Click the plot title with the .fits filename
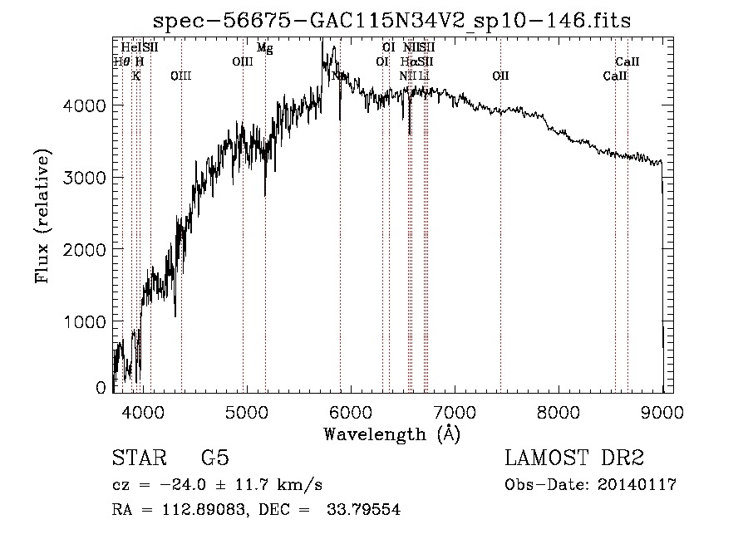[392, 21]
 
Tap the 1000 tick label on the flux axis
[84, 321]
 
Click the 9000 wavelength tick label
[662, 413]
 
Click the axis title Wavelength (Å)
[391, 434]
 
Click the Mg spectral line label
[264, 48]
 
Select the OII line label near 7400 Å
[500, 76]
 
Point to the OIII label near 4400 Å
[180, 76]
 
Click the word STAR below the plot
[138, 458]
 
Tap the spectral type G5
[215, 458]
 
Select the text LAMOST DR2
[574, 458]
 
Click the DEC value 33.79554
[368, 510]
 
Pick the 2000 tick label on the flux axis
[84, 249]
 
